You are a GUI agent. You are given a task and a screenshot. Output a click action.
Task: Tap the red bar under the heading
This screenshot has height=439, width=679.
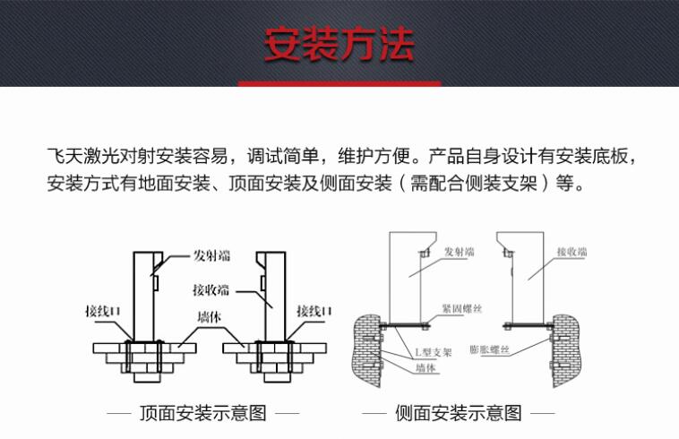(339, 83)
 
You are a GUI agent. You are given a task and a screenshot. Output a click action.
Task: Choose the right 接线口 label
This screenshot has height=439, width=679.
(314, 310)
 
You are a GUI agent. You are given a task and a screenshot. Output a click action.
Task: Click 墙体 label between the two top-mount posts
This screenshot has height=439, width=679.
(211, 317)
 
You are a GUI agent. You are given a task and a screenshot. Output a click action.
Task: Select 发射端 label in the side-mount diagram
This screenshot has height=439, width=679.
(460, 253)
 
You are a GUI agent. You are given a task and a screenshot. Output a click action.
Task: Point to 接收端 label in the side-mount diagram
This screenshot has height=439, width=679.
(572, 253)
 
